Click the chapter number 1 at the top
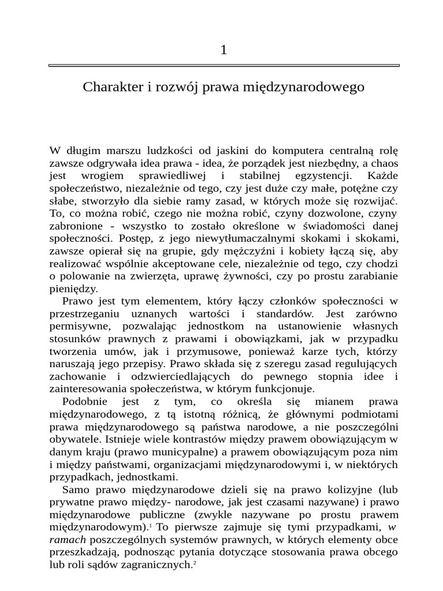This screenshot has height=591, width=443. pos(223,50)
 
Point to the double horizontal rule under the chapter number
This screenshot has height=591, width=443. pos(224,66)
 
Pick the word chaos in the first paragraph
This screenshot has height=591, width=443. pos(383,163)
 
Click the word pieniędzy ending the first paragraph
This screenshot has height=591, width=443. pos(74,289)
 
